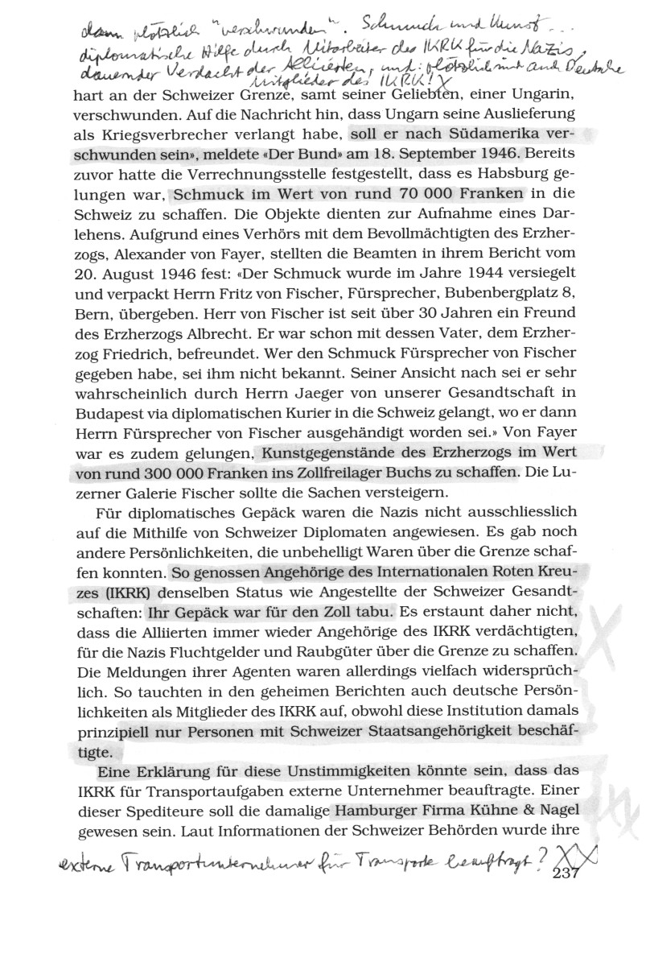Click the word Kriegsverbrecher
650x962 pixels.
click(187, 131)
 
